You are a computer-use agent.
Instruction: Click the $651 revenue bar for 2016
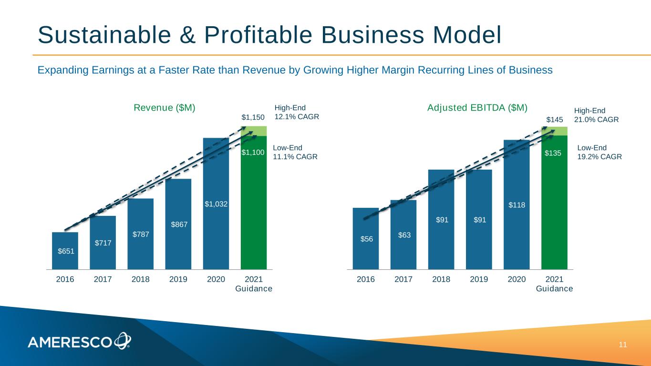tap(65, 251)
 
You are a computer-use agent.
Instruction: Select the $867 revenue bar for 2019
tap(178, 224)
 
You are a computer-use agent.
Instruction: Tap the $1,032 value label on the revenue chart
tap(216, 204)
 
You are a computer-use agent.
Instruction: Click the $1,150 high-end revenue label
tap(253, 117)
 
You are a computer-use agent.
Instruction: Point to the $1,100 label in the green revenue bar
tap(253, 152)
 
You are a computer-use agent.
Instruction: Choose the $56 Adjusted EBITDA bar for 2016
tap(366, 239)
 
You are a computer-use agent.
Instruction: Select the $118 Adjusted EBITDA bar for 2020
tap(517, 205)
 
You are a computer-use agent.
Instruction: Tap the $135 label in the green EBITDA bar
tap(554, 153)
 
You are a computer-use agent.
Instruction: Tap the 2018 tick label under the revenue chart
tap(140, 279)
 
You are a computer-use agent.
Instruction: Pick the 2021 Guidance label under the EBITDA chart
tap(554, 284)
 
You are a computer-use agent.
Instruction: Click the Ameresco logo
tap(79, 341)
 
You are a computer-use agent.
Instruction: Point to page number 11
tap(622, 345)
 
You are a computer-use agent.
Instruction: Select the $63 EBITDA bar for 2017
tap(403, 235)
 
